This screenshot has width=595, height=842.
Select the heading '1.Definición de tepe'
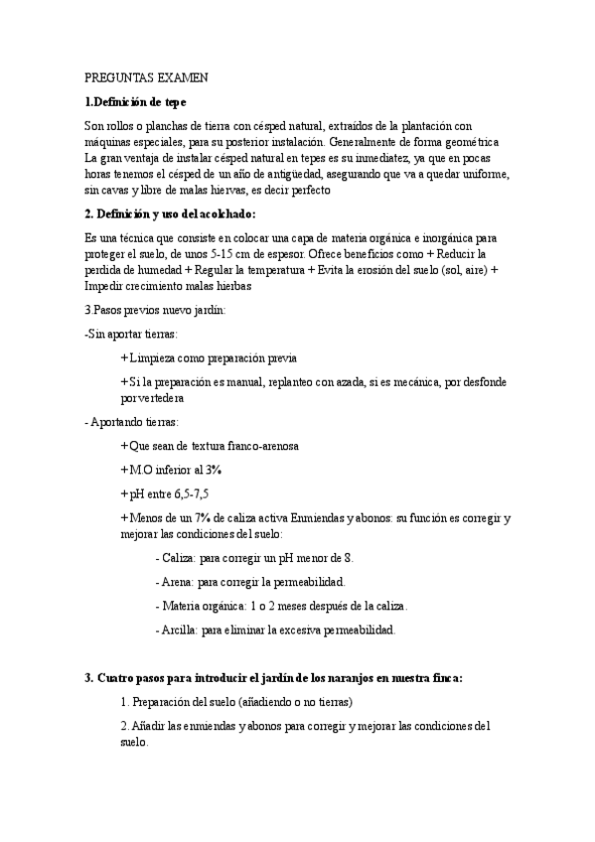click(134, 101)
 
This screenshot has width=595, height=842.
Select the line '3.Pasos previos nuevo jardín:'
click(155, 310)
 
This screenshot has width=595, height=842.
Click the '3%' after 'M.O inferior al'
click(214, 470)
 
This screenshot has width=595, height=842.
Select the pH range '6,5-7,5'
click(192, 493)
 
